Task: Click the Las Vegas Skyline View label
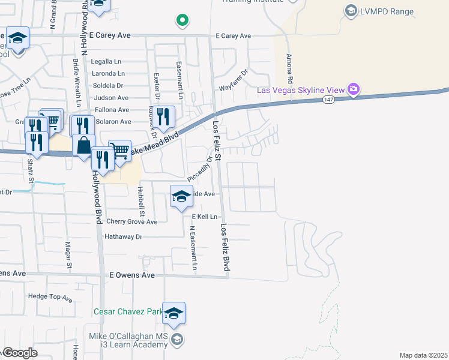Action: [x=301, y=90]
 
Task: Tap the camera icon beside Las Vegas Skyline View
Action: [x=354, y=90]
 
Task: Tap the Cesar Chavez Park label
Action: [x=128, y=312]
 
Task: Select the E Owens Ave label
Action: [x=132, y=275]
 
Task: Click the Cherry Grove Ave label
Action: [x=131, y=221]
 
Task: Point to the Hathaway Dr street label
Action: [x=123, y=237]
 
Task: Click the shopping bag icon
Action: [x=83, y=145]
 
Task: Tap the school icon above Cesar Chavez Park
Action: [x=174, y=313]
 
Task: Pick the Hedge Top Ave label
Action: [x=51, y=296]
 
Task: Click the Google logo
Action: [x=19, y=353]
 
